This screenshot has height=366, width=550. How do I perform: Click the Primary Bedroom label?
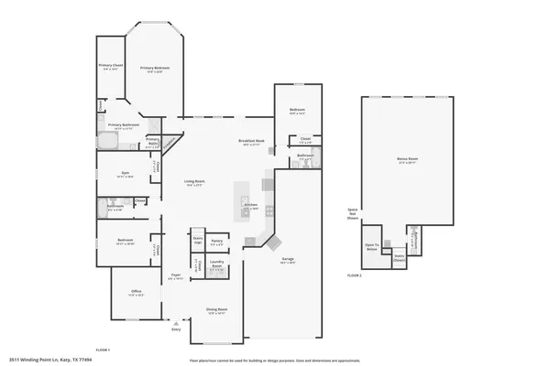point(155,68)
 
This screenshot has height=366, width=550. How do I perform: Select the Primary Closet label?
point(111,66)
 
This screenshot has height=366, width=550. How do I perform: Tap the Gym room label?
point(125,172)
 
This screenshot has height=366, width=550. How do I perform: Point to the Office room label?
point(136,294)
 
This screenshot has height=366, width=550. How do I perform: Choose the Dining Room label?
point(216,309)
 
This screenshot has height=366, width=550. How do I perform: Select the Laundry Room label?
point(216,265)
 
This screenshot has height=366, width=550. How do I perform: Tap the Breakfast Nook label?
point(251,140)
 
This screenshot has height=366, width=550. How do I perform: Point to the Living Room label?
point(193,181)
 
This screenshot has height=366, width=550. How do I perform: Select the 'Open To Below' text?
point(371,246)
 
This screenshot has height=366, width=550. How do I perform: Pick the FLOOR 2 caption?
point(354,274)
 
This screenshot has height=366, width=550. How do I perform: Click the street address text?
point(50,360)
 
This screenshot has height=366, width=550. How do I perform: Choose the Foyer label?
point(175,275)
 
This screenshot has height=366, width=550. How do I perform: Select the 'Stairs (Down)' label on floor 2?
point(399,259)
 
